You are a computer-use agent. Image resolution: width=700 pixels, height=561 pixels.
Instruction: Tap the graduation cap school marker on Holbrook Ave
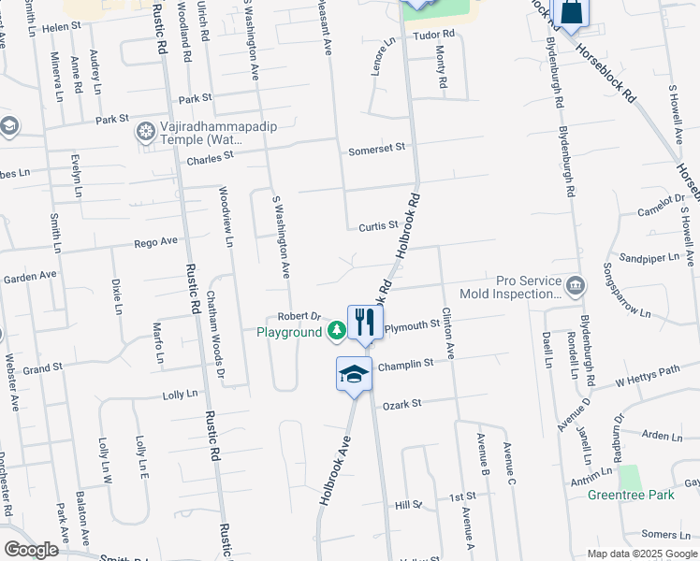point(353,374)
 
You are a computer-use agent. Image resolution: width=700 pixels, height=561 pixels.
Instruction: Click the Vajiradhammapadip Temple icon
point(145,130)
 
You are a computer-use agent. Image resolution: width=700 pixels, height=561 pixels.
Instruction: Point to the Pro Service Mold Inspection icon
point(576,283)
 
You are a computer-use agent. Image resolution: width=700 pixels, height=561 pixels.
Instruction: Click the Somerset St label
point(376,148)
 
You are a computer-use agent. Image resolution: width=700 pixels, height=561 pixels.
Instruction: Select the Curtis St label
point(379,226)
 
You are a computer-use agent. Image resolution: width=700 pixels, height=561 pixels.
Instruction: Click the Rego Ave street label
point(155,241)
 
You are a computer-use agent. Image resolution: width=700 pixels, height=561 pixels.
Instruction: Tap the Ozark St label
point(403,403)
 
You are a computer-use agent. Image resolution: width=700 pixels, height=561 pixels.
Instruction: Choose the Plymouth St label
point(413,325)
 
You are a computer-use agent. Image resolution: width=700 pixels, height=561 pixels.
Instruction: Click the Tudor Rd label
point(433,35)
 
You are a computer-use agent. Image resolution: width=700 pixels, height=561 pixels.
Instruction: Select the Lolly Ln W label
point(106,459)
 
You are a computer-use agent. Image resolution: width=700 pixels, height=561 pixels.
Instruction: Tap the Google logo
point(31,550)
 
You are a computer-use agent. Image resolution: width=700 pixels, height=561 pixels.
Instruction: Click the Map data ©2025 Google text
point(641,554)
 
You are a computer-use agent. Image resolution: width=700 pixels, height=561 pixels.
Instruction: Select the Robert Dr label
point(299,316)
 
